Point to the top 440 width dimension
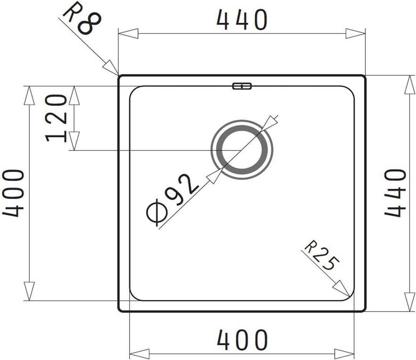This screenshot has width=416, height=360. pyautogui.click(x=242, y=20)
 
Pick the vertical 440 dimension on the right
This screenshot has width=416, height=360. pyautogui.click(x=395, y=193)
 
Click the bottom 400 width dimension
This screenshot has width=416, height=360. pyautogui.click(x=242, y=340)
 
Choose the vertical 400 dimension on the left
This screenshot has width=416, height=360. pyautogui.click(x=13, y=193)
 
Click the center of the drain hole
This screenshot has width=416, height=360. pyautogui.click(x=242, y=150)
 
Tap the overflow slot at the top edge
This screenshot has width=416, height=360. pyautogui.click(x=242, y=86)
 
